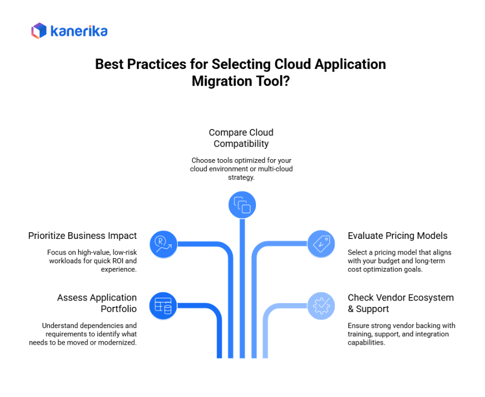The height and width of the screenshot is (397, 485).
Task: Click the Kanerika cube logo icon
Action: [39, 31]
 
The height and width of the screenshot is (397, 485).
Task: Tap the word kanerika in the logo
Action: [79, 31]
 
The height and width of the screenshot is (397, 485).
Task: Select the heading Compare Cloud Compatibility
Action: [241, 138]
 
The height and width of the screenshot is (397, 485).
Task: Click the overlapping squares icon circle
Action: [242, 205]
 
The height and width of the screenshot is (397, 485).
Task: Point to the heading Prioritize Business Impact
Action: [82, 236]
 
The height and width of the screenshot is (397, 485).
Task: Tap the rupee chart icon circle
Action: [163, 244]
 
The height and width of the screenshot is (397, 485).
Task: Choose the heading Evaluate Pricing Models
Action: [397, 236]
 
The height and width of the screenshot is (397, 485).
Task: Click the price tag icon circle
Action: [321, 244]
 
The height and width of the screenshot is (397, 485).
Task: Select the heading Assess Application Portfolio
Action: [97, 303]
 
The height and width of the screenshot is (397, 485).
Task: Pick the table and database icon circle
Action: [163, 305]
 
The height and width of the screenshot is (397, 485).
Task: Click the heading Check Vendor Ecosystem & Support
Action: [401, 303]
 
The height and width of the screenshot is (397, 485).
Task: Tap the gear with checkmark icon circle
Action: [321, 305]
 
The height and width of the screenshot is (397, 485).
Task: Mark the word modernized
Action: [119, 342]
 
